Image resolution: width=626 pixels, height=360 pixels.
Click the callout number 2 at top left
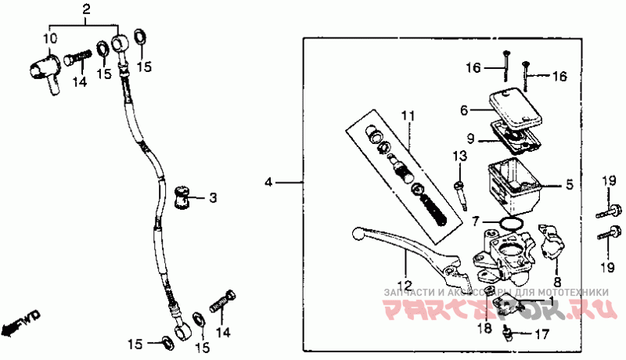[x=87, y=9]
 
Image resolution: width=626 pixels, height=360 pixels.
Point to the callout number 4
[x=269, y=182]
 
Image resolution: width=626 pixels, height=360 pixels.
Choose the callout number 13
[x=459, y=157]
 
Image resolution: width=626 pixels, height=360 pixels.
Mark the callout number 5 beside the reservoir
[x=570, y=185]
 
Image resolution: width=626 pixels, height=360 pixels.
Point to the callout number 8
[x=557, y=282]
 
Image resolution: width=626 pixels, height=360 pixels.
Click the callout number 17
[x=541, y=336]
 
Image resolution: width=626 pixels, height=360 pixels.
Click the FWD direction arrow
[x=20, y=322]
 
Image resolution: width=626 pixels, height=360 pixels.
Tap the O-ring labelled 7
[x=509, y=226]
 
